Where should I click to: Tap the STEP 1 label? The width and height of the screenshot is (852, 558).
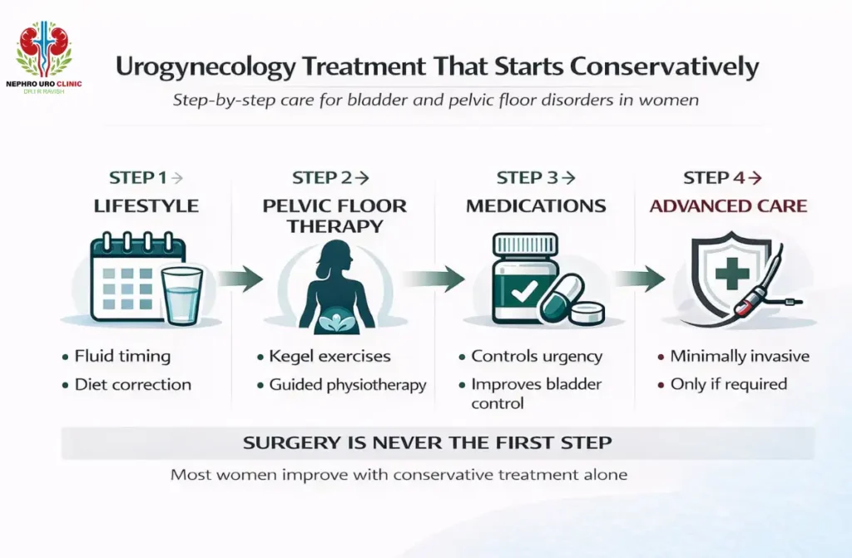(137, 178)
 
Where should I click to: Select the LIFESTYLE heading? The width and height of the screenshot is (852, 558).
(146, 206)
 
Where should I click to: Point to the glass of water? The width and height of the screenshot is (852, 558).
(181, 295)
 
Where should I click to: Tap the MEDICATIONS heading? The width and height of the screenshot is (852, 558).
(536, 206)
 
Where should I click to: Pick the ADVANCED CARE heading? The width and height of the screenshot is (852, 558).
(729, 206)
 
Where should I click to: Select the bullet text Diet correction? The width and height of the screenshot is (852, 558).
(132, 385)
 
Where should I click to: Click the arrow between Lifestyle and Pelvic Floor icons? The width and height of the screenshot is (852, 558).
(240, 278)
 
